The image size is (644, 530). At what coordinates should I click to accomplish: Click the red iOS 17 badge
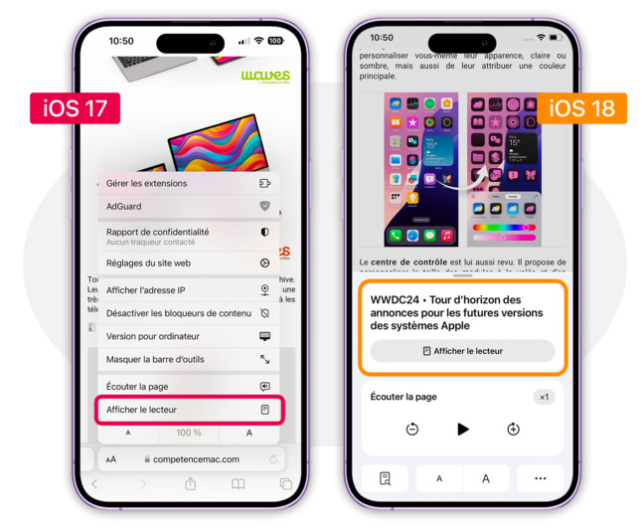tap(75, 107)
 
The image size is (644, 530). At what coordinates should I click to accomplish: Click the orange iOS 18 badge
tap(581, 107)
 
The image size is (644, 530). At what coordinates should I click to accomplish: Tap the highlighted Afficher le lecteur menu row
tap(188, 410)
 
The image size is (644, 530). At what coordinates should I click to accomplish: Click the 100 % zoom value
tap(189, 434)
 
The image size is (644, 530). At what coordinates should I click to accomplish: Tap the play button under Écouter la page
tap(462, 430)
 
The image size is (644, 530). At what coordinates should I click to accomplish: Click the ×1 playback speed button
tap(544, 397)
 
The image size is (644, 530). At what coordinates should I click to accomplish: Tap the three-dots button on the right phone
tap(540, 478)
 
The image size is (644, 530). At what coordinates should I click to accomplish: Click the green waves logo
tap(265, 77)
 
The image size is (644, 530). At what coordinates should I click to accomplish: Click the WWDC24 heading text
tap(445, 312)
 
